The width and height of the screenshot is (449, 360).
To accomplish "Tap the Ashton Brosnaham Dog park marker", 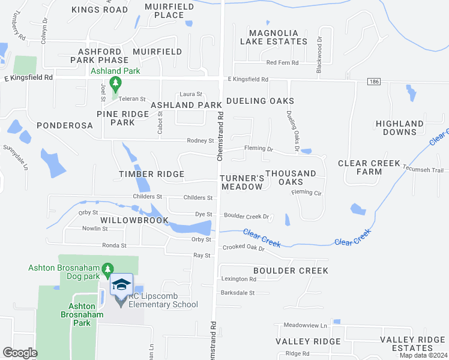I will point(107,268).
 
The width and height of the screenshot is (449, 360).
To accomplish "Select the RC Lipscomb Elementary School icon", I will point(121,285).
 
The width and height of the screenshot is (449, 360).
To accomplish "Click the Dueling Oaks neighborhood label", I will point(260,101).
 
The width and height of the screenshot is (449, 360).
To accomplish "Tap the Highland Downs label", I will point(399,128).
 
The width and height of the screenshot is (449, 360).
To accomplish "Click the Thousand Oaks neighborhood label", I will point(291,178).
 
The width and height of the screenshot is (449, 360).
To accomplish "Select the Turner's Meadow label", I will point(242,182).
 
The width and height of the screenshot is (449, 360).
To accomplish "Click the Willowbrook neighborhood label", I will point(134,220).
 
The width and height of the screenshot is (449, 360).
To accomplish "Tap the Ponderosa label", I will point(64,125).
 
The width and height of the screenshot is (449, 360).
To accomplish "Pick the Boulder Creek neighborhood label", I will point(291,271).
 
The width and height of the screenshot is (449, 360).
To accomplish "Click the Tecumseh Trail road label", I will point(425,169).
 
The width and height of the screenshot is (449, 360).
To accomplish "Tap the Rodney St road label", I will point(200,141).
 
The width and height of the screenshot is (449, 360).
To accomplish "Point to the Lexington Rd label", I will point(239,279).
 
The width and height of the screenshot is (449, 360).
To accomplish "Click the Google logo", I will point(20,352).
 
